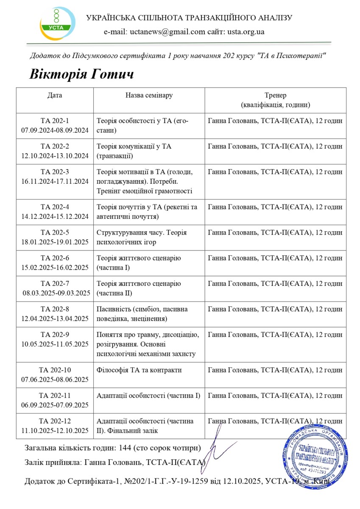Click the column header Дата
[x=55, y=95]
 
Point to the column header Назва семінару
[x=149, y=95]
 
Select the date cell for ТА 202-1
[x=55, y=126]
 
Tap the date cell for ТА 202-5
[x=55, y=238]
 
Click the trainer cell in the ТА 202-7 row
[x=275, y=283]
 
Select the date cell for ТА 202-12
[x=55, y=426]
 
